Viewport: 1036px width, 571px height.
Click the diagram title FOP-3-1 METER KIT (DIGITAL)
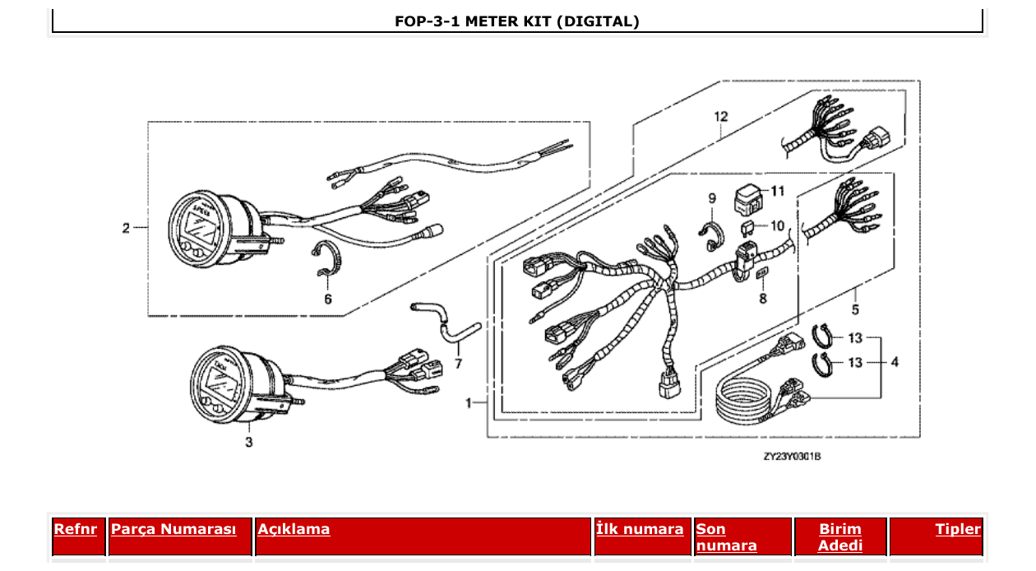pos(517,21)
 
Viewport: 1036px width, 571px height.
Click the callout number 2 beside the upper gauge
pos(126,228)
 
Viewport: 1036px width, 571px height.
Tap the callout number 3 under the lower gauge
pos(249,443)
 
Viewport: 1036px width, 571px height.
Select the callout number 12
pos(720,117)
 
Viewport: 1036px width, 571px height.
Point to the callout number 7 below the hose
pos(458,363)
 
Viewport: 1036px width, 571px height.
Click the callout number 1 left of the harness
pos(469,403)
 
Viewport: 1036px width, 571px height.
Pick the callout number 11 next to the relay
pos(777,191)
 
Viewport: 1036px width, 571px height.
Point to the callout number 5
pos(855,310)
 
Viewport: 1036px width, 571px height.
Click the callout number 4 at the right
pos(895,361)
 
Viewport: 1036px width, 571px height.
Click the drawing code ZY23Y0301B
pos(792,456)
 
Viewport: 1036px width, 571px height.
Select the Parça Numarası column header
pos(173,529)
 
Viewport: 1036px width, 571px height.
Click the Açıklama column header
pos(294,529)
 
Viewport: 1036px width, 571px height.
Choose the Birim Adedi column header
pos(840,537)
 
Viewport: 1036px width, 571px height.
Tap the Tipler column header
pos(958,529)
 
